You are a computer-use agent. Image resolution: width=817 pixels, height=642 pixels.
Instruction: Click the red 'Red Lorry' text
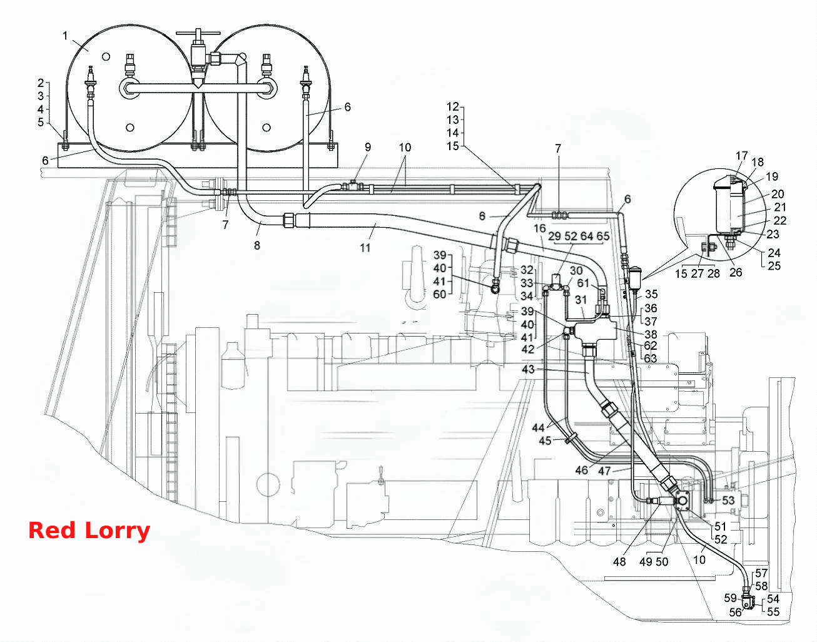[x=89, y=531]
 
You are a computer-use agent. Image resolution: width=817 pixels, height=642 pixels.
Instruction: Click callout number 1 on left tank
[x=65, y=36]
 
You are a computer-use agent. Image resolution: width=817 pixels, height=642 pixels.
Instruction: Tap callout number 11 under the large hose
[x=365, y=248]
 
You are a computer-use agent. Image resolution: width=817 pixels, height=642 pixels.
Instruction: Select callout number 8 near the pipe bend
[x=256, y=245]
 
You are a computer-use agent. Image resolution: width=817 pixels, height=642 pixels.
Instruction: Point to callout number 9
[x=368, y=148]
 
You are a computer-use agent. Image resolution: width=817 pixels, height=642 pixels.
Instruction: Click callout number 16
[x=539, y=228]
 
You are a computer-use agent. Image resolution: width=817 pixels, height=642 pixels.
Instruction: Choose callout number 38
[x=651, y=334]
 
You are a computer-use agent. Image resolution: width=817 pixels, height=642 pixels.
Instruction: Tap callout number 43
[x=528, y=369]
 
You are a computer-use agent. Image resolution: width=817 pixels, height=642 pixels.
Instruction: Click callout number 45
[x=545, y=441]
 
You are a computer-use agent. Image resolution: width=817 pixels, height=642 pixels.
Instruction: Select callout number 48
[x=619, y=561]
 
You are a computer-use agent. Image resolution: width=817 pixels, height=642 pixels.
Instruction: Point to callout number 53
[x=728, y=500]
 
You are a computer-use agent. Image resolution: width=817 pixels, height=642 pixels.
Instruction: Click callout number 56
[x=735, y=613]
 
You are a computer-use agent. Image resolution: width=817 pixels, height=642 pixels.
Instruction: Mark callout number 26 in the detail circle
[x=736, y=272]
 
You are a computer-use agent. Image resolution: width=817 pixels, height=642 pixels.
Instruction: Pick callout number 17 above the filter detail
[x=741, y=156]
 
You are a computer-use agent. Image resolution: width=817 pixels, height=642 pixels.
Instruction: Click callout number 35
[x=651, y=293]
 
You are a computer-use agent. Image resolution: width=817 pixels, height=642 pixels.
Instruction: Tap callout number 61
[x=583, y=283]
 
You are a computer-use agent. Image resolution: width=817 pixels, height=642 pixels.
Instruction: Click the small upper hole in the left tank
[x=106, y=57]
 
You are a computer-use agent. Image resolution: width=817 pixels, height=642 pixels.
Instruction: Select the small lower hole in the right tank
[x=266, y=128]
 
